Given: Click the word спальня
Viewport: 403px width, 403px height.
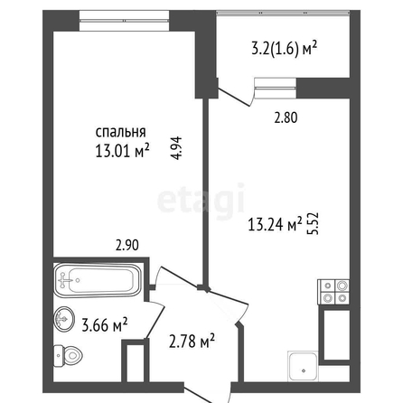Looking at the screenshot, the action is [121, 132].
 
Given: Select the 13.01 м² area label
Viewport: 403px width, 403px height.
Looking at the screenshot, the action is [122, 151].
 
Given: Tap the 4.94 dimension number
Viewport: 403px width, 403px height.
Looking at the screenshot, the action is [177, 148].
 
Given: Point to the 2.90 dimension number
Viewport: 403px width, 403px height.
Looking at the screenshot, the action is [127, 245].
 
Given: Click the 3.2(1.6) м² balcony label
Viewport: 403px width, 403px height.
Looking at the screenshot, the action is [285, 50].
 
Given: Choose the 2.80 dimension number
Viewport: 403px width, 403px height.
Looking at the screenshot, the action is [286, 117].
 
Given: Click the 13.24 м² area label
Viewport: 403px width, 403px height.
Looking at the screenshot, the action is [275, 224].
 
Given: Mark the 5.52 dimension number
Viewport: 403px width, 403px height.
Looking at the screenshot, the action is [314, 223].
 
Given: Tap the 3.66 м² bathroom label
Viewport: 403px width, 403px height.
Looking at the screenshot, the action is [105, 324].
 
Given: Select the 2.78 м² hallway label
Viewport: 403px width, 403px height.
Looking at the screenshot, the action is [192, 342].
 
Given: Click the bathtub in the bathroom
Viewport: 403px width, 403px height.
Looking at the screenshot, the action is [97, 280].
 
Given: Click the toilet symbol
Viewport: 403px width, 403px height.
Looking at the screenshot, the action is [68, 356].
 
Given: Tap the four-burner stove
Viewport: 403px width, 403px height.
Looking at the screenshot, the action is [334, 292].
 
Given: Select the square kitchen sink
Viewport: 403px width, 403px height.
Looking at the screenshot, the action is [303, 366].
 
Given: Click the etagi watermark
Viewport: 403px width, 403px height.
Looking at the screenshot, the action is [201, 200].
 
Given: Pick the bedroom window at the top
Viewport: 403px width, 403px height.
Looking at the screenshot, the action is [125, 21].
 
